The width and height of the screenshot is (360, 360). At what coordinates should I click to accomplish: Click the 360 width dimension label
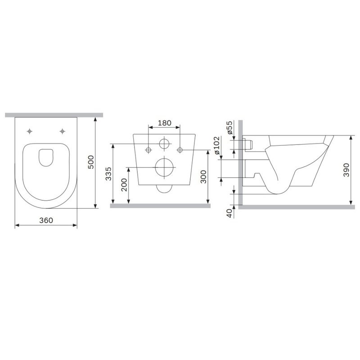pos(46,220)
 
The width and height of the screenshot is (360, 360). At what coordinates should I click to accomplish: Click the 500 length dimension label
pos(90,162)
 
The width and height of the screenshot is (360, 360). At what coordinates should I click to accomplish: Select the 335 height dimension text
pos(108,173)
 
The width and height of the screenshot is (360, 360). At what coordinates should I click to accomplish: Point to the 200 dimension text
pos(124,185)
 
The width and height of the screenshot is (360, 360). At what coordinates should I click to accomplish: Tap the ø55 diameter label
pos(229,128)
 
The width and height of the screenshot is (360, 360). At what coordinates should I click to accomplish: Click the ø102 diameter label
pos(217,147)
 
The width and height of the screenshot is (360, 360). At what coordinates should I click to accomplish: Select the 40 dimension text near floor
pos(229,213)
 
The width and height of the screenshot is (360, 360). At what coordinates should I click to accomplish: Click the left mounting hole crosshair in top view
pos(30,131)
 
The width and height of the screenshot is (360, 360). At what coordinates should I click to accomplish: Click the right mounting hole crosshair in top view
pos(62,131)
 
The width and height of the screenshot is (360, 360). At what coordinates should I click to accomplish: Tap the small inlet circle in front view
pos(164,144)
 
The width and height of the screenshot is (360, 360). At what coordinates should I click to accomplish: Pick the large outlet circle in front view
pos(164,167)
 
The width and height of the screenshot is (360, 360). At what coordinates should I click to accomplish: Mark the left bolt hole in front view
pos(148,149)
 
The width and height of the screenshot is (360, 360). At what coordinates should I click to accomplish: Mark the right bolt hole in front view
pos(180,149)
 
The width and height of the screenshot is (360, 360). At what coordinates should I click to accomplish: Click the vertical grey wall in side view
pos(241,162)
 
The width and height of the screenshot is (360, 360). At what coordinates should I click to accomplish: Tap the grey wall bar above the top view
pos(54,115)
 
